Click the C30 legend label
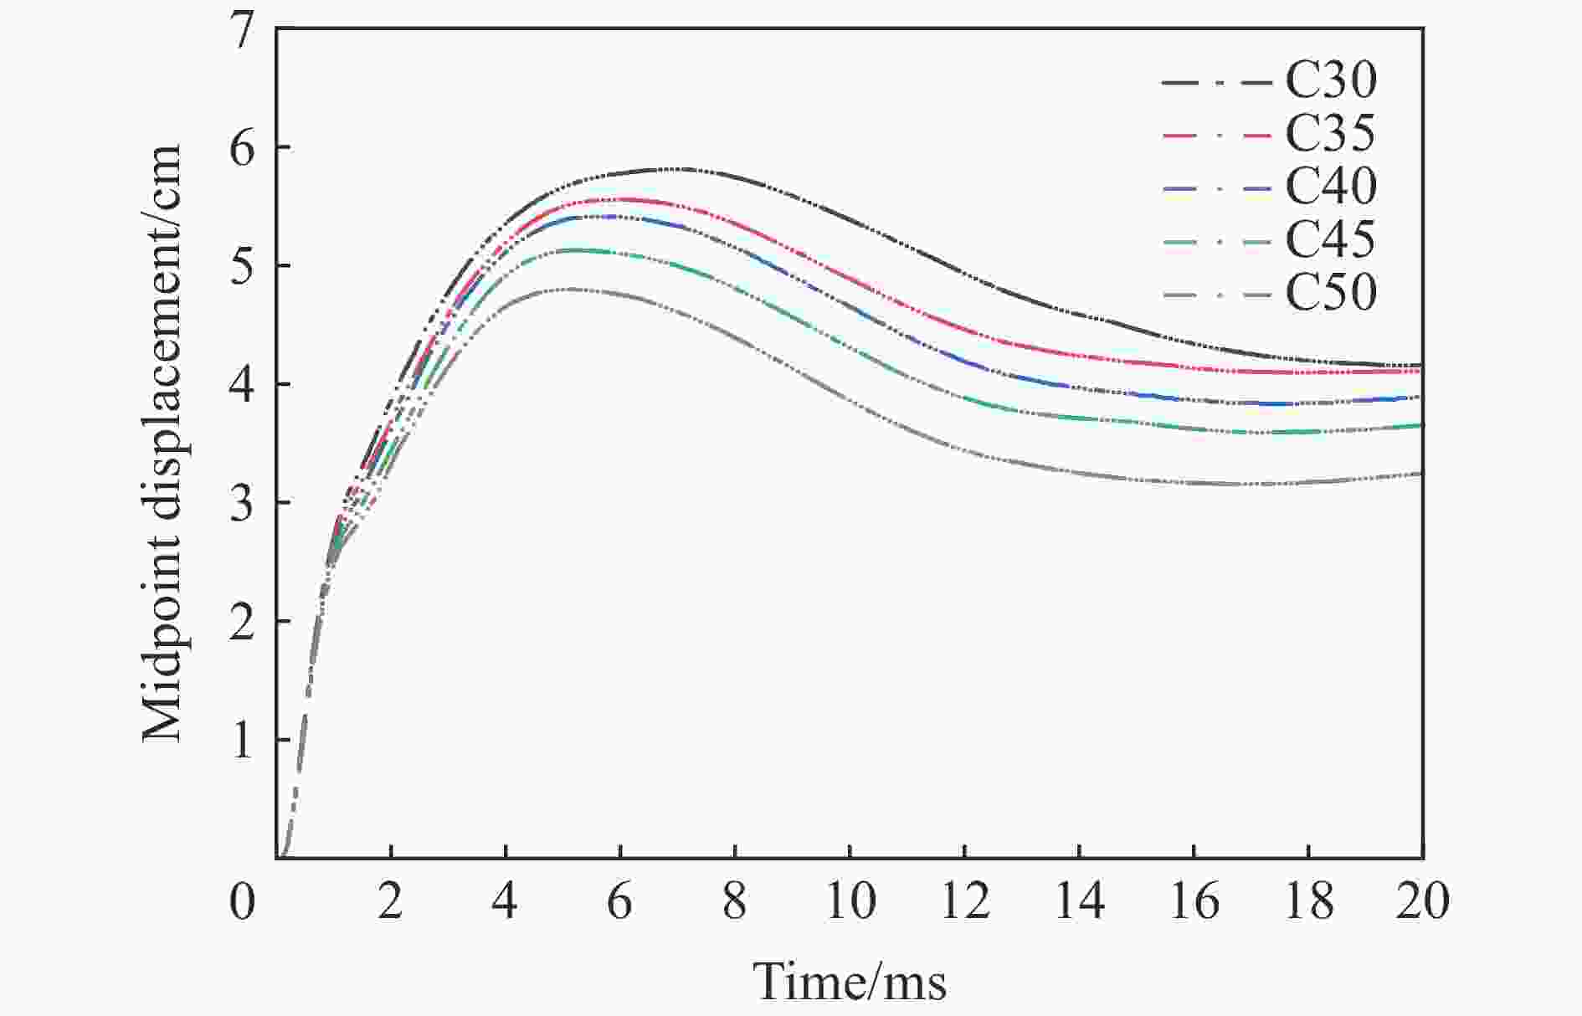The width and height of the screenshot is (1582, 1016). pos(1331,81)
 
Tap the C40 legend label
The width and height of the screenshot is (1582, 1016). pos(1331,187)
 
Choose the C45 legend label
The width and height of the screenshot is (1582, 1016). pos(1331,240)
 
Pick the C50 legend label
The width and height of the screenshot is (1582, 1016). pos(1331,293)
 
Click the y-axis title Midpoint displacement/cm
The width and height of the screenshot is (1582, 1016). pos(162,444)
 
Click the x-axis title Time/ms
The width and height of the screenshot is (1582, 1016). pos(850,981)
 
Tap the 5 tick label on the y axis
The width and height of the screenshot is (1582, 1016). pos(243,267)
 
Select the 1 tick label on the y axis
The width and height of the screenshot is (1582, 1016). pos(243,741)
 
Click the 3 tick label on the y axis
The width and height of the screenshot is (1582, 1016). pos(243,504)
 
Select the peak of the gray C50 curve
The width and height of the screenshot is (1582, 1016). pos(572,289)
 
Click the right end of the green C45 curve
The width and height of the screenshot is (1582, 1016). pos(1422,425)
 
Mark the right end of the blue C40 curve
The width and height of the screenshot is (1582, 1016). pos(1422,396)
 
